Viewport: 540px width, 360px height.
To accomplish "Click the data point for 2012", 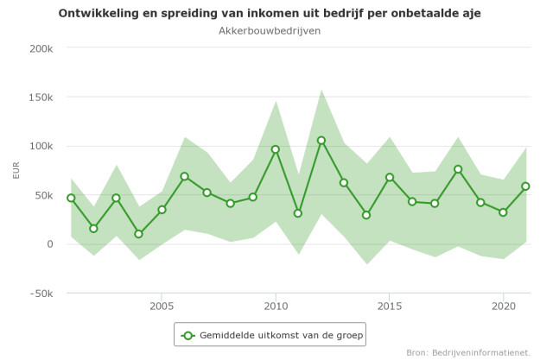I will (x=321, y=141).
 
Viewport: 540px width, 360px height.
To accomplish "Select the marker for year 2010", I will (x=276, y=149).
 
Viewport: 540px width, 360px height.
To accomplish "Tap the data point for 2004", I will (x=139, y=234).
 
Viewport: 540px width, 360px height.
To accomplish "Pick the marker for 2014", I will (x=366, y=215).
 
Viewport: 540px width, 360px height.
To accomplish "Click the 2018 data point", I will (x=458, y=169).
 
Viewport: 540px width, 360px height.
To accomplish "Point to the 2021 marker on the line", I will (x=525, y=186).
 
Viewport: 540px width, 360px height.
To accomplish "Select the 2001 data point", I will (x=71, y=198).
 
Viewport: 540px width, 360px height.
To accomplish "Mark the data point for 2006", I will (x=185, y=176).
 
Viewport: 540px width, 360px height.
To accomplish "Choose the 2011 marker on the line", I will (x=298, y=213).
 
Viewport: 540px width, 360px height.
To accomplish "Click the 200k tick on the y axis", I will (x=41, y=48).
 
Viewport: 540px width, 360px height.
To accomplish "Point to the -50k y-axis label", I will (x=40, y=294).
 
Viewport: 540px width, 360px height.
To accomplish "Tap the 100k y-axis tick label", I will (x=41, y=146).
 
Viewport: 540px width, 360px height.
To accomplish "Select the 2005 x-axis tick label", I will (x=162, y=306).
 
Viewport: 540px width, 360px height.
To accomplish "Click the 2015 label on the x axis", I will (x=390, y=306).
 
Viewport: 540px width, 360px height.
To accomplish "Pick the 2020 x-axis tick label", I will (x=503, y=306).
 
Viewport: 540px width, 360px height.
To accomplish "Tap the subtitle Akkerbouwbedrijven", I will (x=270, y=30).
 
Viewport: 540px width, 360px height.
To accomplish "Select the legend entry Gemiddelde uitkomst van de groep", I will (x=270, y=334).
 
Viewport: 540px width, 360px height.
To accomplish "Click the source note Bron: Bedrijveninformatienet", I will (x=468, y=352).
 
